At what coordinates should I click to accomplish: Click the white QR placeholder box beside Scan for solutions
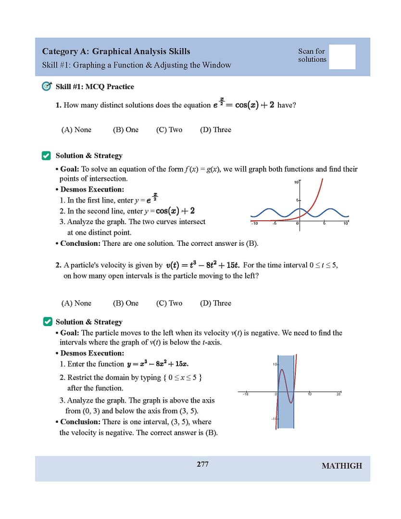342,57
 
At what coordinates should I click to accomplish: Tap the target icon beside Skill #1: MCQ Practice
47,87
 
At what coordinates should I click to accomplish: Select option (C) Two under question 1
169,130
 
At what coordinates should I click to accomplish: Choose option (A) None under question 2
76,304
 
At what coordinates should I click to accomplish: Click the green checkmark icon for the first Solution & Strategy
47,156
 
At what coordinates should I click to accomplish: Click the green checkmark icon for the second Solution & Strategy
48,322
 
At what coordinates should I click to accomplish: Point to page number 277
202,464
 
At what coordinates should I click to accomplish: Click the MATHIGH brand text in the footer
341,466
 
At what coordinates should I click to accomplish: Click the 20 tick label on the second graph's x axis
338,395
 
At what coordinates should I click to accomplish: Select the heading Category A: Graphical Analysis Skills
116,51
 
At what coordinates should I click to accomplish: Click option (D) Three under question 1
215,130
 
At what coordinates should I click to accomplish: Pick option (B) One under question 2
125,304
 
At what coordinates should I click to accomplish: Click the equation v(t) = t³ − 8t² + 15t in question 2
203,266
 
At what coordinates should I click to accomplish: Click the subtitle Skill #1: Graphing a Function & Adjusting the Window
137,65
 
